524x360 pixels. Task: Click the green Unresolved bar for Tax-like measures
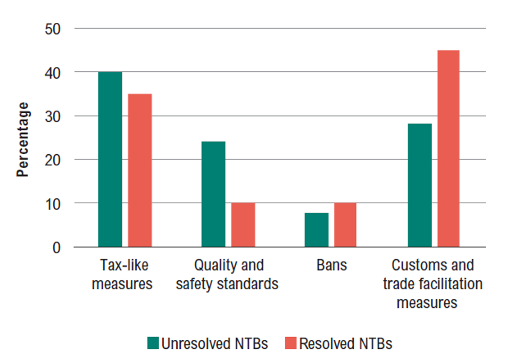[110, 160]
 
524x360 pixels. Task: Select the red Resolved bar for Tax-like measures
[140, 170]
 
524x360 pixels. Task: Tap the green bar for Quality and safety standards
[213, 194]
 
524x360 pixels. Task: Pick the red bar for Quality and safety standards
[243, 225]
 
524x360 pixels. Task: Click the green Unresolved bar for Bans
[317, 230]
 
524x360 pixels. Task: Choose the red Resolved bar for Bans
[345, 225]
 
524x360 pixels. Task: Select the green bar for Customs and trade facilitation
[420, 185]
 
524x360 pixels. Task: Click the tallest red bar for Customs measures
[448, 149]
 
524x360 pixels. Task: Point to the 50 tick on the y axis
[53, 29]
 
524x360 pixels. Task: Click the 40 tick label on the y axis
[53, 72]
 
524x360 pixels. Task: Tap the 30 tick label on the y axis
[53, 116]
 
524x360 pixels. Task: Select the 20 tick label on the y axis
[53, 160]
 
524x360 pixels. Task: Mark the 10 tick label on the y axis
[53, 204]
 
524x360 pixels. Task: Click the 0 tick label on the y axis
[57, 248]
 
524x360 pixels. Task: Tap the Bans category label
[331, 265]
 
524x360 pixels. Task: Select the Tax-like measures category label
[122, 274]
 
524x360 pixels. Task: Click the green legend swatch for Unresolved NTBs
[153, 344]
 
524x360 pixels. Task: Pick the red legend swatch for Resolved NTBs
[291, 344]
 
